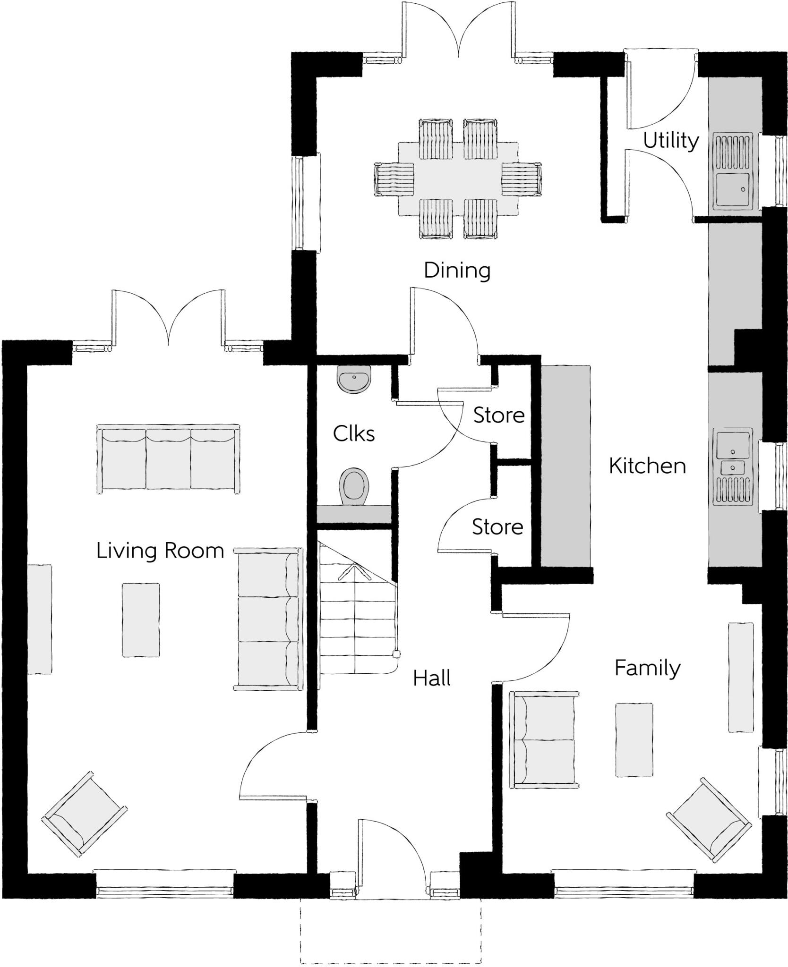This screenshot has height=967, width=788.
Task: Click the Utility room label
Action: (x=670, y=141)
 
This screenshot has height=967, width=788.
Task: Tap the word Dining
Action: (x=457, y=271)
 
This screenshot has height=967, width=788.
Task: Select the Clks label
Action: (x=353, y=433)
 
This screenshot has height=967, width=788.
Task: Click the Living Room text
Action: (x=160, y=551)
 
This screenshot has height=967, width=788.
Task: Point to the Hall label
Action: (x=431, y=678)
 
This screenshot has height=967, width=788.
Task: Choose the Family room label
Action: (x=647, y=668)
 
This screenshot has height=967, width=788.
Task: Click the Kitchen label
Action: (x=647, y=466)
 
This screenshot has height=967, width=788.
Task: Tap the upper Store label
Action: (x=499, y=416)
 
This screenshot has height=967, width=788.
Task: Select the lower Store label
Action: (x=497, y=526)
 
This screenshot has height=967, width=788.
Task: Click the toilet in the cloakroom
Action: (x=354, y=486)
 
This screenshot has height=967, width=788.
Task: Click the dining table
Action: (x=457, y=179)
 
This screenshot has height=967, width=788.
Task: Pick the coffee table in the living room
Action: (x=140, y=619)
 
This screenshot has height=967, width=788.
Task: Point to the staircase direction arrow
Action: (x=353, y=571)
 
